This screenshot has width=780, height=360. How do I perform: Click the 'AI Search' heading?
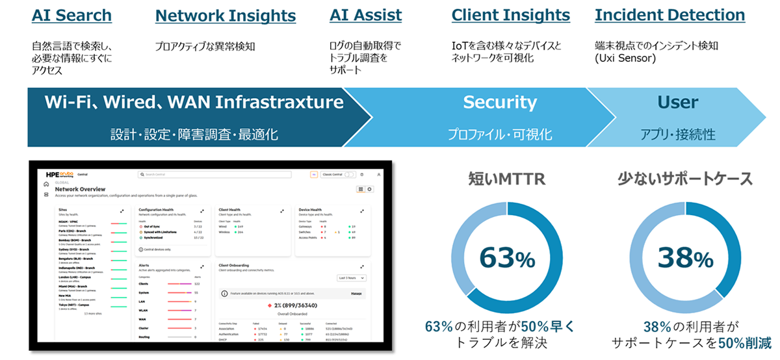71,15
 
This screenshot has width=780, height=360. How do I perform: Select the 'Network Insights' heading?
226,15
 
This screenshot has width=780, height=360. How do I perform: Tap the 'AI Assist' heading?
365,15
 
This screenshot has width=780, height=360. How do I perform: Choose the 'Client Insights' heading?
510,15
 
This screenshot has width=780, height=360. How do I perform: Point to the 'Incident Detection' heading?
669,15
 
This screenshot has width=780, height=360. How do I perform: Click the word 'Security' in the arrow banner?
500,102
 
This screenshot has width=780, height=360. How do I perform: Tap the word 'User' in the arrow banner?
678,102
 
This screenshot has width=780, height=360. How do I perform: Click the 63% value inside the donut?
506,258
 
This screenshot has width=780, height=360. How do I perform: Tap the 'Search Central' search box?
221,175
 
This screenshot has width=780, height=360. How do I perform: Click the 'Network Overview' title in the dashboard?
81,189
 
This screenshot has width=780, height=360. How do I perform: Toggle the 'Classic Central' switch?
350,175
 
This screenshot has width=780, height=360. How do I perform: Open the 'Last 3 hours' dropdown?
352,278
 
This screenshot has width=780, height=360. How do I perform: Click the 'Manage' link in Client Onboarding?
356,294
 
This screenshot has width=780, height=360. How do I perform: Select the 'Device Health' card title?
311,210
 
